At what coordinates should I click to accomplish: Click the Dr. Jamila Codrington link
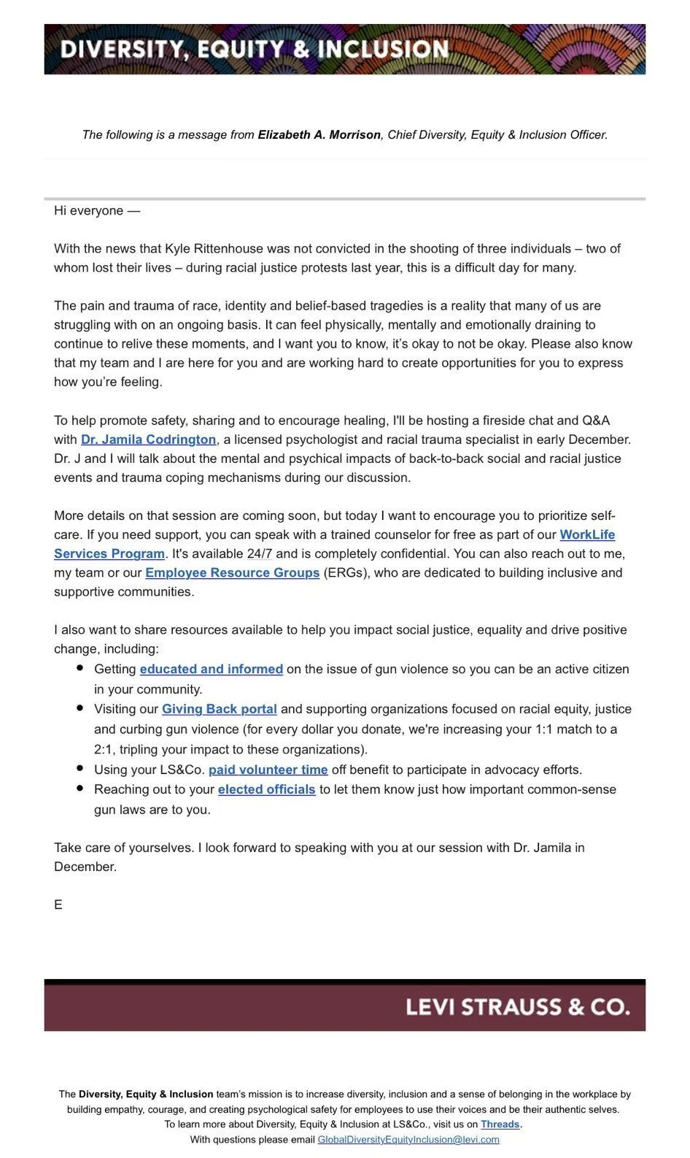148,440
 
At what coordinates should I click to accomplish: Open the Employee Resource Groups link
232,572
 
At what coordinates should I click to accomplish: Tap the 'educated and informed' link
211,669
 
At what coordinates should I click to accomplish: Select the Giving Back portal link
219,709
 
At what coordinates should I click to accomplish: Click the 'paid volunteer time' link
268,770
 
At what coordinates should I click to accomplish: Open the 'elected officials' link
266,789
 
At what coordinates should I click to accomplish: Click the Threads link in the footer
500,1124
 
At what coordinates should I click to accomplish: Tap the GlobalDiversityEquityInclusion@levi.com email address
408,1140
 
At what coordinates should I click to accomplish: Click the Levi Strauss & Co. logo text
517,1007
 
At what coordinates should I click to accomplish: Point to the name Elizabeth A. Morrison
319,135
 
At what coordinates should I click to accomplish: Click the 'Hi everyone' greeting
96,211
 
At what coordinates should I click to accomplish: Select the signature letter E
58,905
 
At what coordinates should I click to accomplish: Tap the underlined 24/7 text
259,553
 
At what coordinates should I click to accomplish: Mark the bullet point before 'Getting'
80,668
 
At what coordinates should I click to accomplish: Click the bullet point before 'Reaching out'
80,789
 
